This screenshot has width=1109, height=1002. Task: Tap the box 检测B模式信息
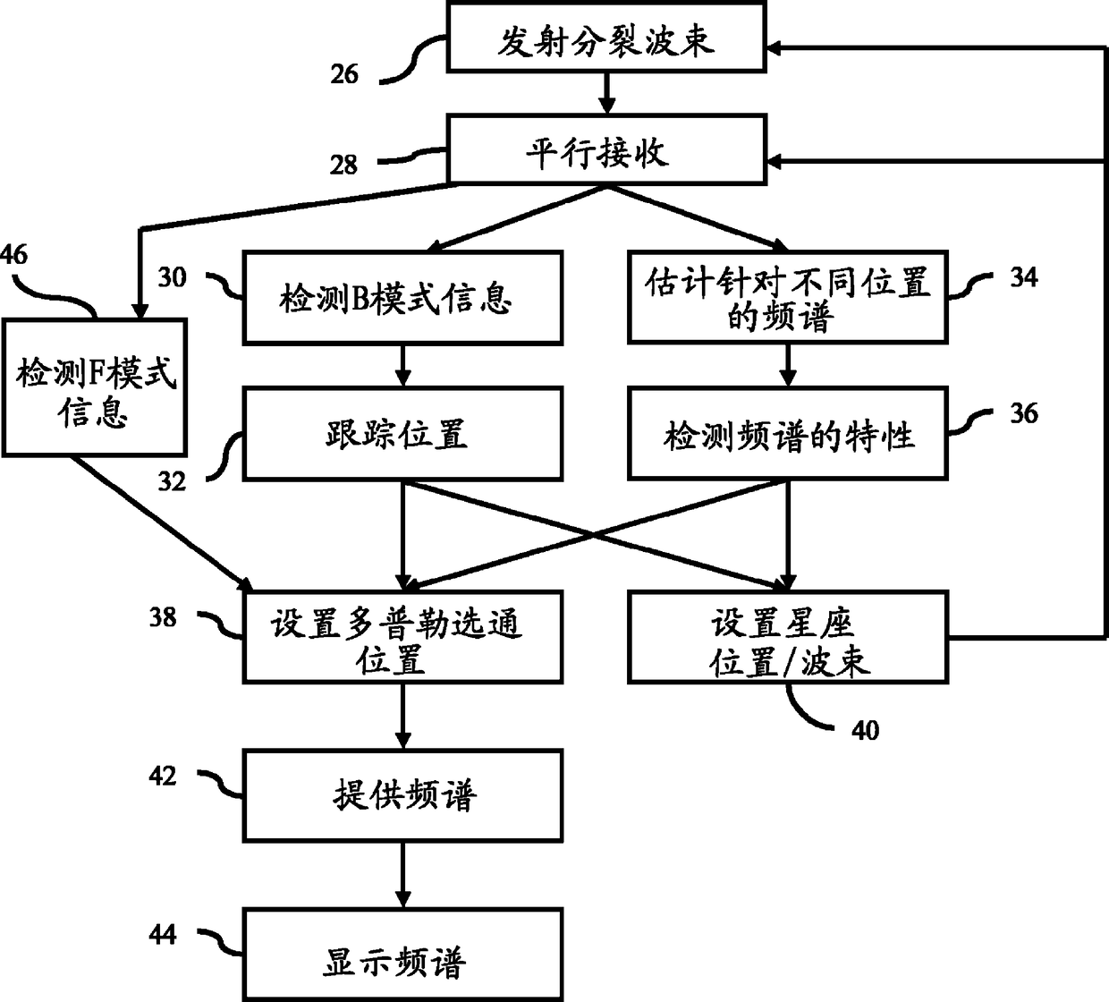pyautogui.click(x=403, y=298)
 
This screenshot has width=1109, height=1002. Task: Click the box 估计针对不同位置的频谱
pyautogui.click(x=787, y=298)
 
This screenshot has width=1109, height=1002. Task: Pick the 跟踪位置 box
pyautogui.click(x=403, y=434)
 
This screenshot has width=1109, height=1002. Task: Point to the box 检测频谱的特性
pyautogui.click(x=787, y=434)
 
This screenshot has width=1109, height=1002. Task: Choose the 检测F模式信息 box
pyautogui.click(x=94, y=386)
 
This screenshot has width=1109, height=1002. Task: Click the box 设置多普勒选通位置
pyautogui.click(x=403, y=637)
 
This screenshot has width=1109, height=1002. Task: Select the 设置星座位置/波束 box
pyautogui.click(x=787, y=637)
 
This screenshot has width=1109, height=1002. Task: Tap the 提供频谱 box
pyautogui.click(x=403, y=795)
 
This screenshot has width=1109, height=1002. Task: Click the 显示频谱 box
pyautogui.click(x=403, y=953)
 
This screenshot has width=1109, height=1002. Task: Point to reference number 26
pyautogui.click(x=344, y=73)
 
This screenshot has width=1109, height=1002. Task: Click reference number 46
pyautogui.click(x=13, y=255)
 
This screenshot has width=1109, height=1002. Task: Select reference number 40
pyautogui.click(x=865, y=731)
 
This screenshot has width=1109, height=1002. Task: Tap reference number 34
pyautogui.click(x=1023, y=277)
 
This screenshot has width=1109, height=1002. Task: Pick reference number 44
pyautogui.click(x=163, y=935)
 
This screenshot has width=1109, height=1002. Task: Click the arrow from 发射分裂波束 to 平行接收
pyautogui.click(x=606, y=93)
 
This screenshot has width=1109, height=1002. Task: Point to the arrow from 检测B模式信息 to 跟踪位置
pyautogui.click(x=403, y=365)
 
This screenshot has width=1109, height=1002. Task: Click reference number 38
pyautogui.click(x=163, y=616)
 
